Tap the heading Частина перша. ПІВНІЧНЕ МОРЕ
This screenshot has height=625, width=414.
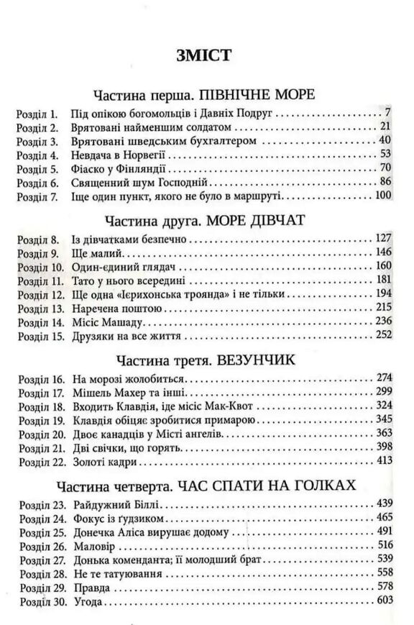[x=206, y=96]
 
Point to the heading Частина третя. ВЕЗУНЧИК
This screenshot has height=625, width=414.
[x=206, y=359]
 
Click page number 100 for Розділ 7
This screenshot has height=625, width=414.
[x=382, y=196]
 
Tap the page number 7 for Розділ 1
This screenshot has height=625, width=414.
[x=387, y=113]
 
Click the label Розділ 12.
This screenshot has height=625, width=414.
[x=41, y=294]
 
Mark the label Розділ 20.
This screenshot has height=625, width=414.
[x=41, y=433]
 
